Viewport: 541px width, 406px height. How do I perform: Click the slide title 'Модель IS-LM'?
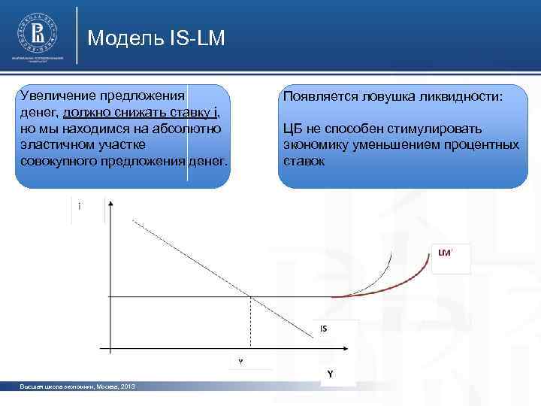[x=156, y=38]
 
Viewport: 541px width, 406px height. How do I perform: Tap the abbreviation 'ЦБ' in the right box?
[x=292, y=129]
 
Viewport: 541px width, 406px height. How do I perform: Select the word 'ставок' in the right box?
[x=304, y=160]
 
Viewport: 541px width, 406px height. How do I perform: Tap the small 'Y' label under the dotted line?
[x=240, y=362]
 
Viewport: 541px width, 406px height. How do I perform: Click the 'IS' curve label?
[x=323, y=329]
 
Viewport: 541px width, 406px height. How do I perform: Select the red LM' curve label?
[x=445, y=253]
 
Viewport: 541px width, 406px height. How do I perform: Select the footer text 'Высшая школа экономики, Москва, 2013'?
[x=78, y=386]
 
